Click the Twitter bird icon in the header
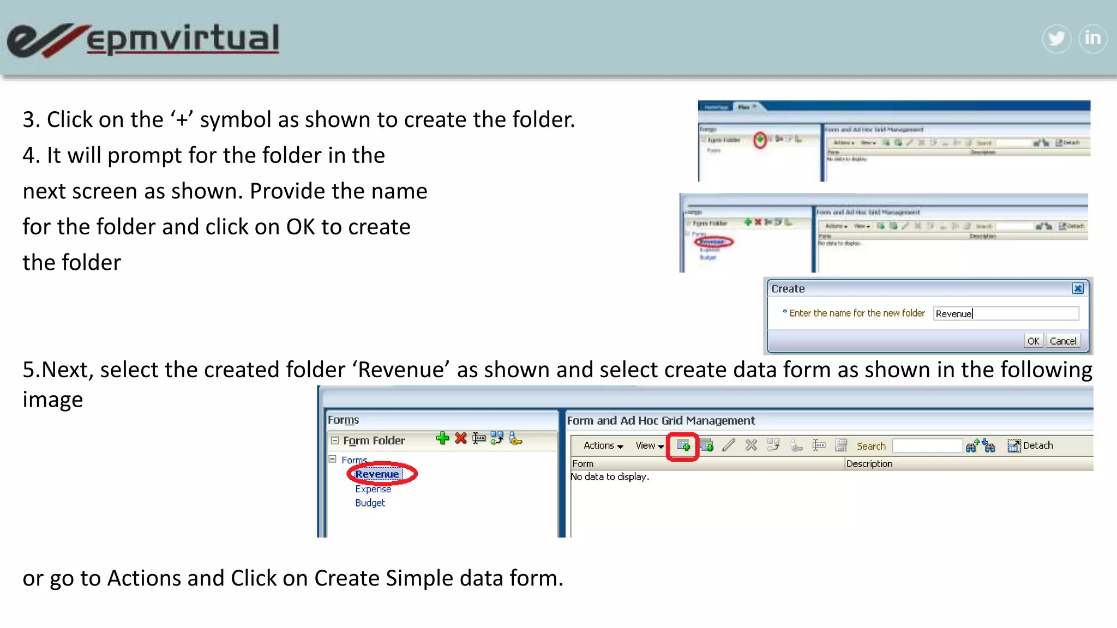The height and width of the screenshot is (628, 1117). (1056, 39)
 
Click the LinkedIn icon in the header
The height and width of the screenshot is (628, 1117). (1092, 39)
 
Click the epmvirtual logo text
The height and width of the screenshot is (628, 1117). (183, 39)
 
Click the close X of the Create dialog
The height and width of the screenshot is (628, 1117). (1078, 288)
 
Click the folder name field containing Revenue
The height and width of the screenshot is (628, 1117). (1005, 313)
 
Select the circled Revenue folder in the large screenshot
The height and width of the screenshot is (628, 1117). (377, 474)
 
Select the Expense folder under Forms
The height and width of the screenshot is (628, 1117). (373, 489)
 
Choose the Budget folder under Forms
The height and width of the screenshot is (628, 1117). (370, 503)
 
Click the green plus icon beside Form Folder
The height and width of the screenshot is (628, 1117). (442, 438)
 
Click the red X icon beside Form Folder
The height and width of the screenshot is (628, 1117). (461, 438)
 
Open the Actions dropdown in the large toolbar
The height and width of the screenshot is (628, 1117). (603, 446)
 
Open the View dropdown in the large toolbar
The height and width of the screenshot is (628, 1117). (649, 446)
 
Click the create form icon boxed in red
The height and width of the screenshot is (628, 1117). (683, 446)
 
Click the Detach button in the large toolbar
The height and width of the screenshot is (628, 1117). (1030, 446)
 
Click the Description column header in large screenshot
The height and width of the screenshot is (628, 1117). (869, 464)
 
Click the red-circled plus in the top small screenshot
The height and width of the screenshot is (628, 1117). (760, 140)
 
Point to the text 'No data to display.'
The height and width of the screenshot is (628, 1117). (610, 477)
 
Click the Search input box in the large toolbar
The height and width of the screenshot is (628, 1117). (927, 446)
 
